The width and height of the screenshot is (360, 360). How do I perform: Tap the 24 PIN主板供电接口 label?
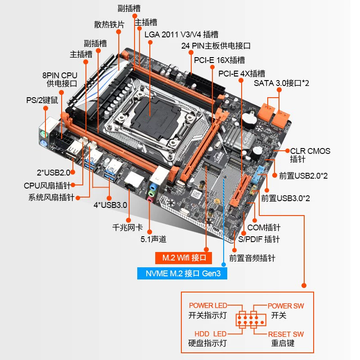216,46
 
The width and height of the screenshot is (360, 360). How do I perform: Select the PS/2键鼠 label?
42,100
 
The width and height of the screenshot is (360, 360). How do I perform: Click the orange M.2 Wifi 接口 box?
181,258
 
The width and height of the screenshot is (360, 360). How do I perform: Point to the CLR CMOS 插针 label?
310,155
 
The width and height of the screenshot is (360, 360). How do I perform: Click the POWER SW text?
286,306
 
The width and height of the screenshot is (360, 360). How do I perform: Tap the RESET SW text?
286,334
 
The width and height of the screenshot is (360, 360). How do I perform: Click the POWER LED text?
208,306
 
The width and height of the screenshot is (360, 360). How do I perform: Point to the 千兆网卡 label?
127,227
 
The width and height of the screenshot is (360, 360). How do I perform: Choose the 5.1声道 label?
157,239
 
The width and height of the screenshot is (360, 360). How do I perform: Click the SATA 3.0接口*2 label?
281,83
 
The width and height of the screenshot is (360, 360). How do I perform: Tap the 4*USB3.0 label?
110,205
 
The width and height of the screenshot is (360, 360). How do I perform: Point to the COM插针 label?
264,228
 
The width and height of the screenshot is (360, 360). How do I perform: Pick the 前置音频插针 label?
252,258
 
